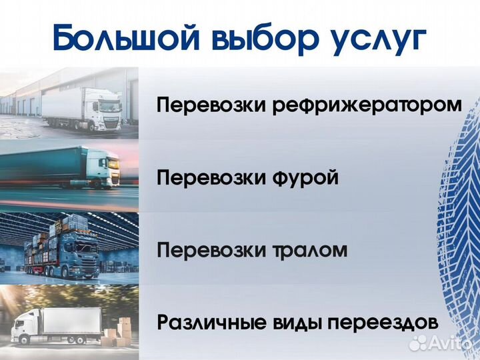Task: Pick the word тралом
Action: [310, 251]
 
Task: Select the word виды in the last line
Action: [294, 323]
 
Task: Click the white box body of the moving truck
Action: [70, 323]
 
